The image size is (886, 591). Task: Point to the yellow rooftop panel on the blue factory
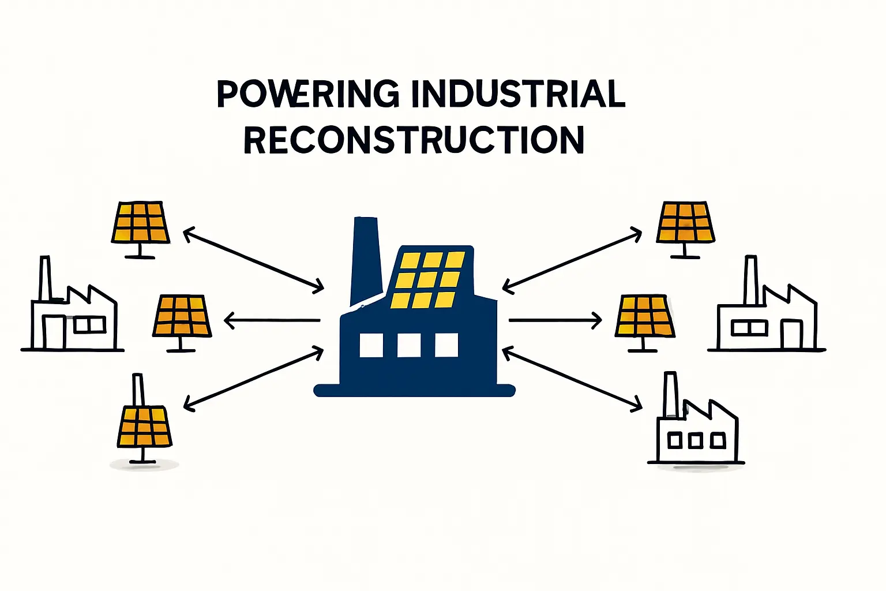point(428,279)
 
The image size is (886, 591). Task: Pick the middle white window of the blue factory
point(408,345)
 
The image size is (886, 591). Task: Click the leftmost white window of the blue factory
point(371,345)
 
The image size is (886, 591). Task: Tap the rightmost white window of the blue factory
point(446,345)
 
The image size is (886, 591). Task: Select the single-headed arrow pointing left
point(271,320)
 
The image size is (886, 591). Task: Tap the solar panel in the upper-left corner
point(140,223)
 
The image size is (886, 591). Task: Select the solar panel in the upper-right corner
point(685,223)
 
